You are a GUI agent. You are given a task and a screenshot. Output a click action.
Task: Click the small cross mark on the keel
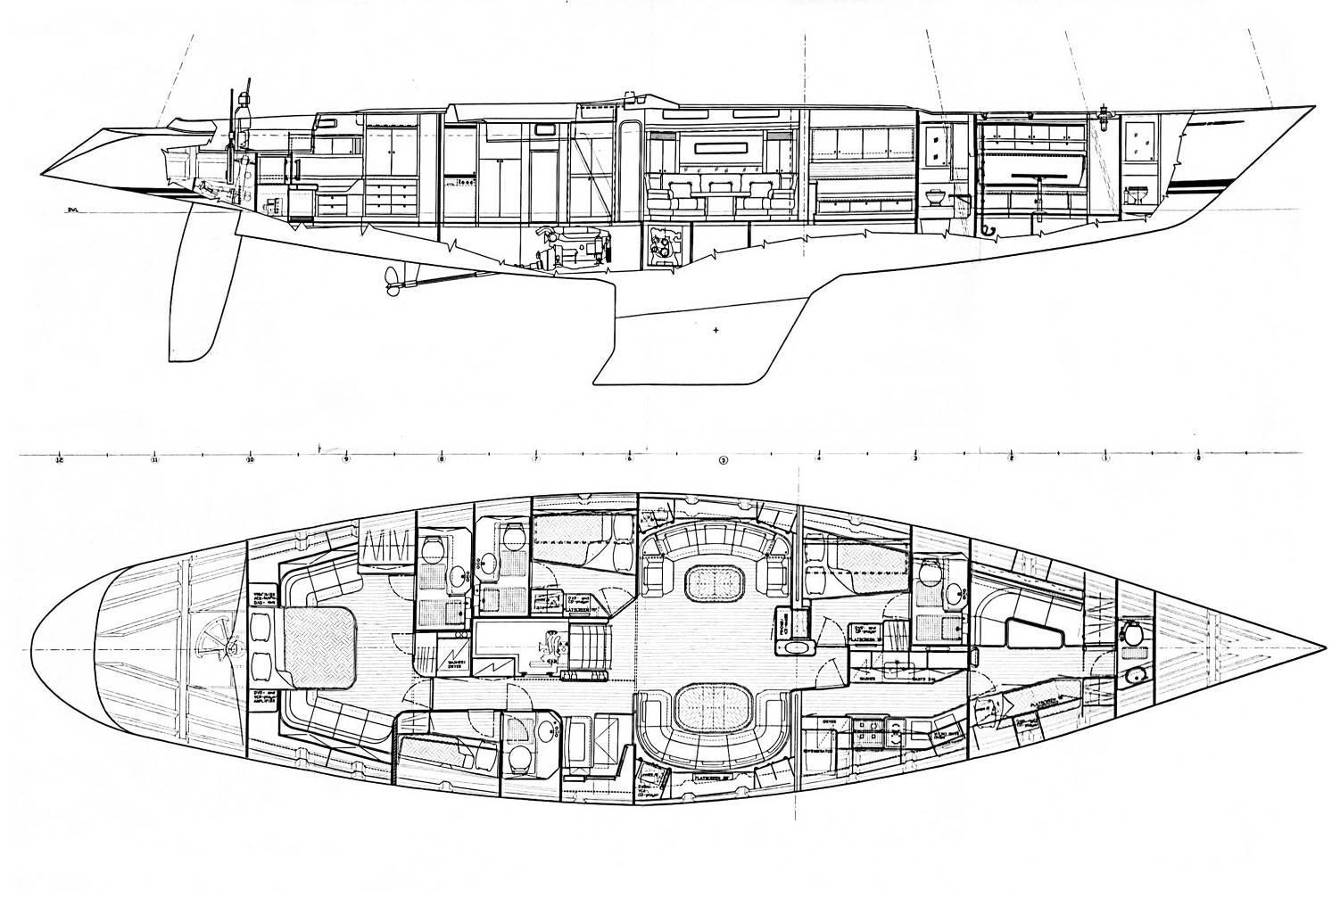click(716, 331)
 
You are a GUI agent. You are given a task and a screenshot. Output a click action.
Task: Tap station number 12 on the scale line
click(59, 461)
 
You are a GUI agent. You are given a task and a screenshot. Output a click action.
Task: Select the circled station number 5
click(724, 461)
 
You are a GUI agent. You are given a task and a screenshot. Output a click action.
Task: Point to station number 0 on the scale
click(1198, 461)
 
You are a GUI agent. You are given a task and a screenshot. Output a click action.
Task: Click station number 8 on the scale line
click(441, 461)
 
